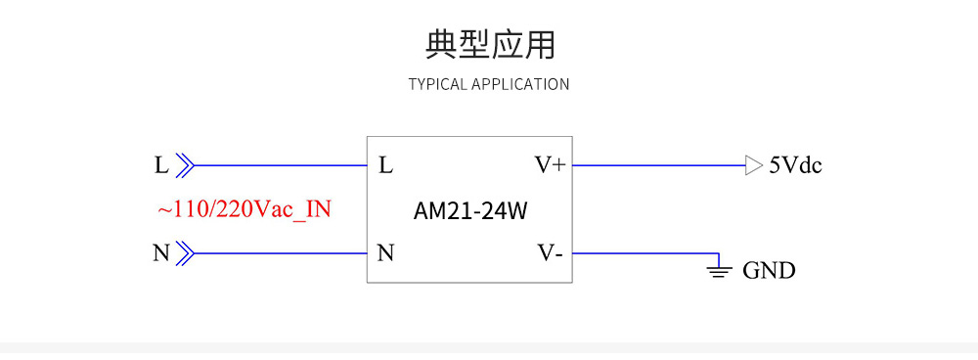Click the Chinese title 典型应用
pos(489,45)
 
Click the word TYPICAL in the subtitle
pos(437,84)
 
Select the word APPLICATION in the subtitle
pos(520,84)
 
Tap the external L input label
pos(161,165)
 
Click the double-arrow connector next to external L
pos(185,165)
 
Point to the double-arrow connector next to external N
pos(185,254)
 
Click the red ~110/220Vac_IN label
pos(244,209)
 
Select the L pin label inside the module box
pos(385,165)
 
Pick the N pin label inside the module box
pos(385,254)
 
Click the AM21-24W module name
pos(468,210)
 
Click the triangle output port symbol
pos(752,165)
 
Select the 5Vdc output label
pos(795,165)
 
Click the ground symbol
pos(719,268)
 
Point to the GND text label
pos(769,271)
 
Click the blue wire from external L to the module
pos(279,165)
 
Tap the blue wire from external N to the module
pos(279,254)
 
